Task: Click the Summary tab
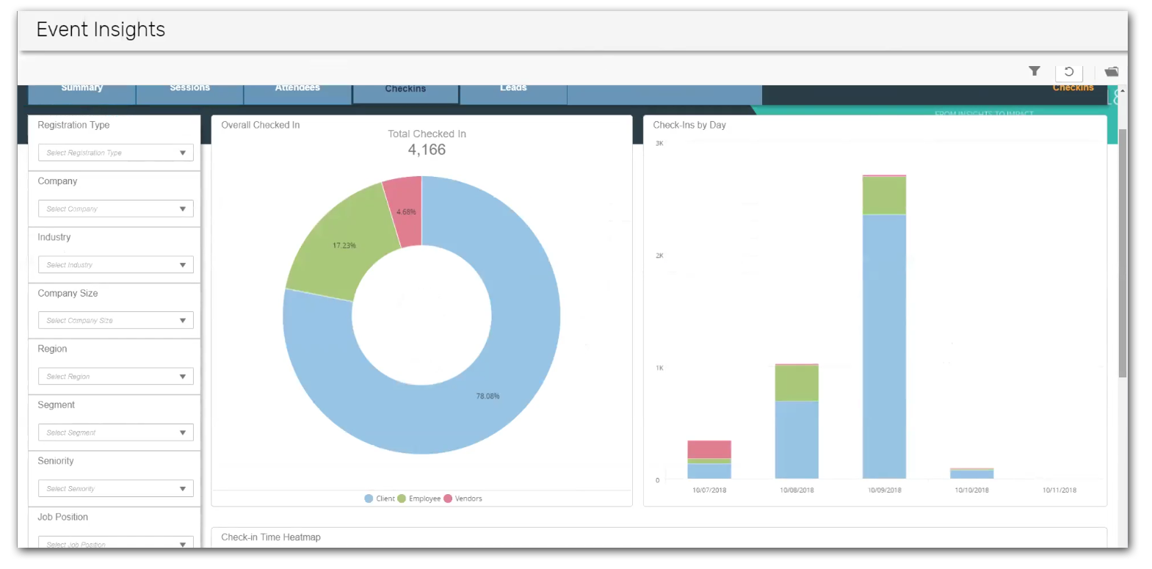(x=81, y=89)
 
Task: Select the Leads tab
(x=513, y=89)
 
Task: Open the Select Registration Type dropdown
(x=115, y=153)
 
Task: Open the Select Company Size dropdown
(x=115, y=321)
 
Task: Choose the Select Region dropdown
(x=115, y=377)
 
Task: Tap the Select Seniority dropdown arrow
(x=183, y=489)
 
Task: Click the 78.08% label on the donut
(x=488, y=396)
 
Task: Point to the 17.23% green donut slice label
(x=344, y=245)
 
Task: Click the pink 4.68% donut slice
(x=406, y=211)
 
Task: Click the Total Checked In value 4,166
(x=427, y=150)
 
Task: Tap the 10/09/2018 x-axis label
(x=884, y=490)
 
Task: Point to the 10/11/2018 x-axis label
(x=1059, y=490)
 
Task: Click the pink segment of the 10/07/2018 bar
(x=709, y=449)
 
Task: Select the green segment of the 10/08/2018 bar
(x=796, y=383)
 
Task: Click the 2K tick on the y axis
(x=659, y=255)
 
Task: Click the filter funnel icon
(x=1034, y=71)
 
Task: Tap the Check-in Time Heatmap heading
(x=271, y=537)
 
